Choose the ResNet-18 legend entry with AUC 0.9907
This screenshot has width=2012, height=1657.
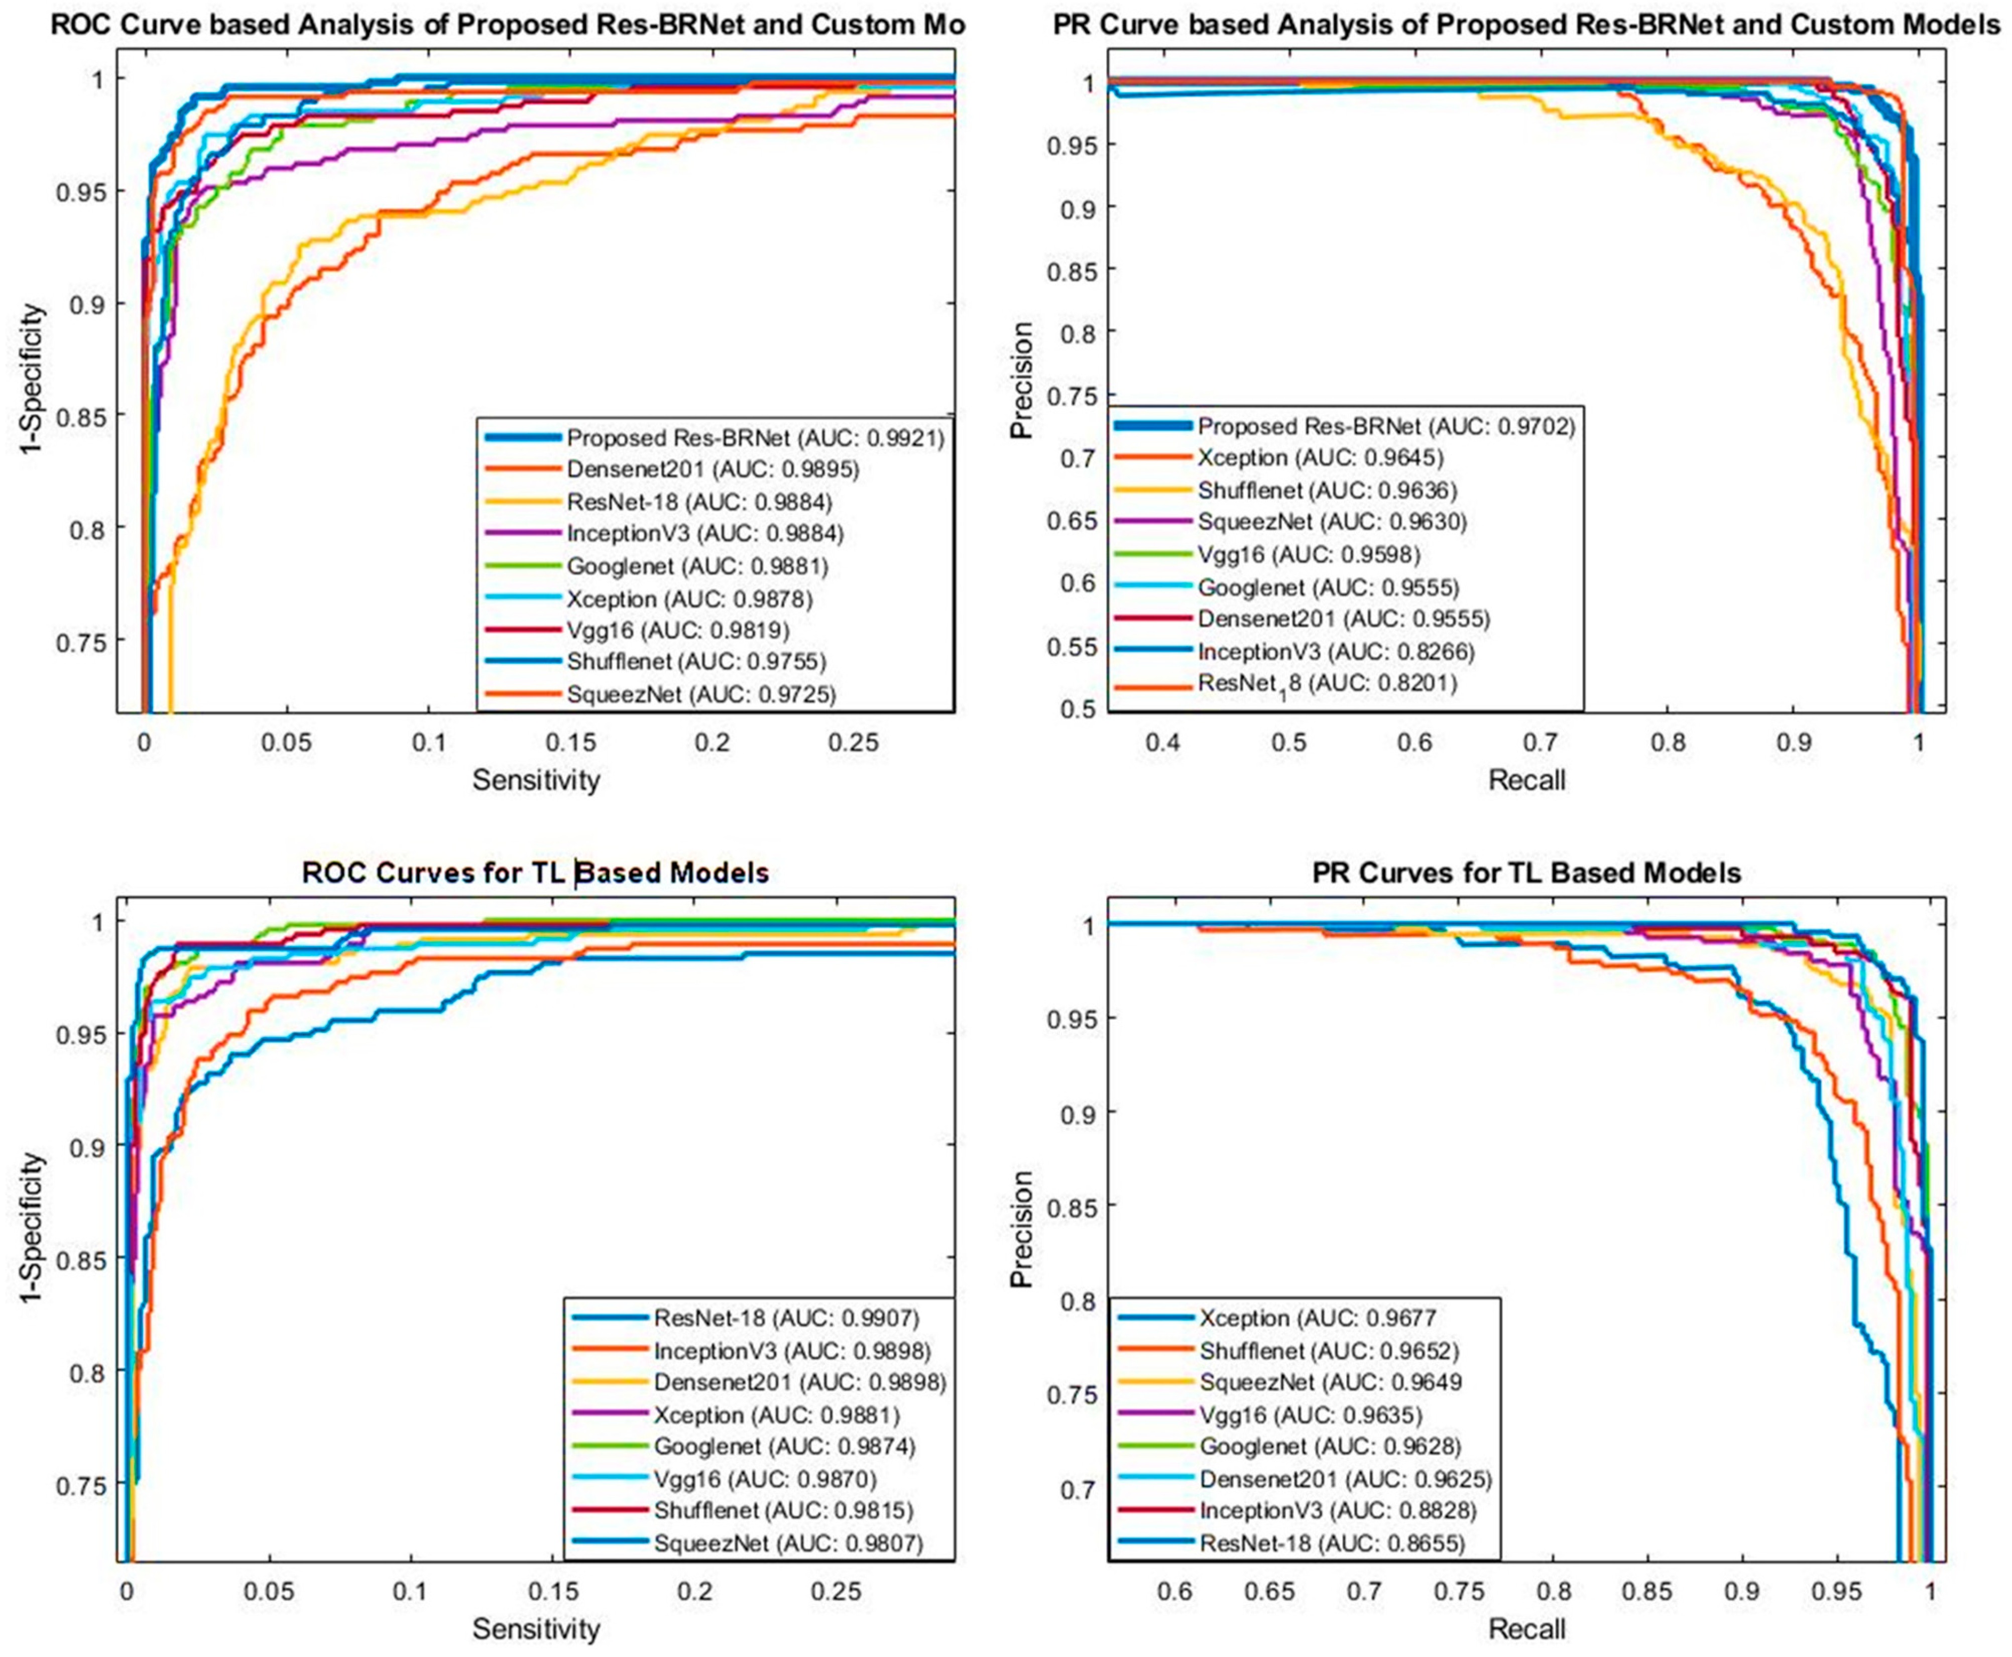(785, 1318)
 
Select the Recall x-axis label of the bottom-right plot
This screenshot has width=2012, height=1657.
(1526, 1628)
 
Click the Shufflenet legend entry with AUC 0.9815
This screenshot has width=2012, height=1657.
(783, 1510)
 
